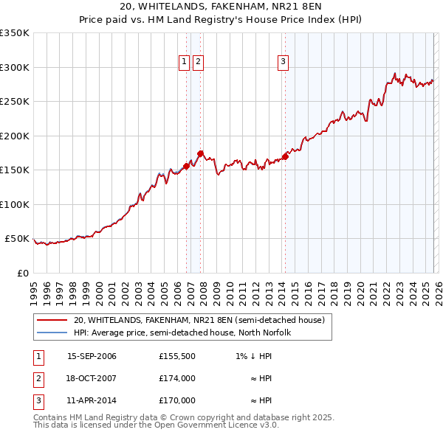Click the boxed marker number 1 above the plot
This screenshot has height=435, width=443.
(x=184, y=63)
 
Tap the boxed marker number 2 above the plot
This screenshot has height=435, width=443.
(x=199, y=63)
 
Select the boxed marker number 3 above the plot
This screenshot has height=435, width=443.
(x=284, y=63)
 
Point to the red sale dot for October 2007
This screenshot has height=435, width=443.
(x=200, y=153)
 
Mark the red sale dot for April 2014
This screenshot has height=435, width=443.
(x=285, y=156)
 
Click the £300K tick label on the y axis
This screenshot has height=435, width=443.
(x=15, y=67)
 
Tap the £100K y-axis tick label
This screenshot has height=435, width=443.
(x=15, y=204)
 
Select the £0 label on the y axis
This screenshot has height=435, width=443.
(x=24, y=273)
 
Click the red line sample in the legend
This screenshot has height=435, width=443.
(x=52, y=320)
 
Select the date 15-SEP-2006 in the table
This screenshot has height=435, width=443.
(x=92, y=357)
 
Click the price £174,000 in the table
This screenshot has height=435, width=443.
(x=177, y=378)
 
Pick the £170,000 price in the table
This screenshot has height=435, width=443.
(x=177, y=400)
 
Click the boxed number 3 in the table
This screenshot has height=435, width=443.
(x=38, y=400)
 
